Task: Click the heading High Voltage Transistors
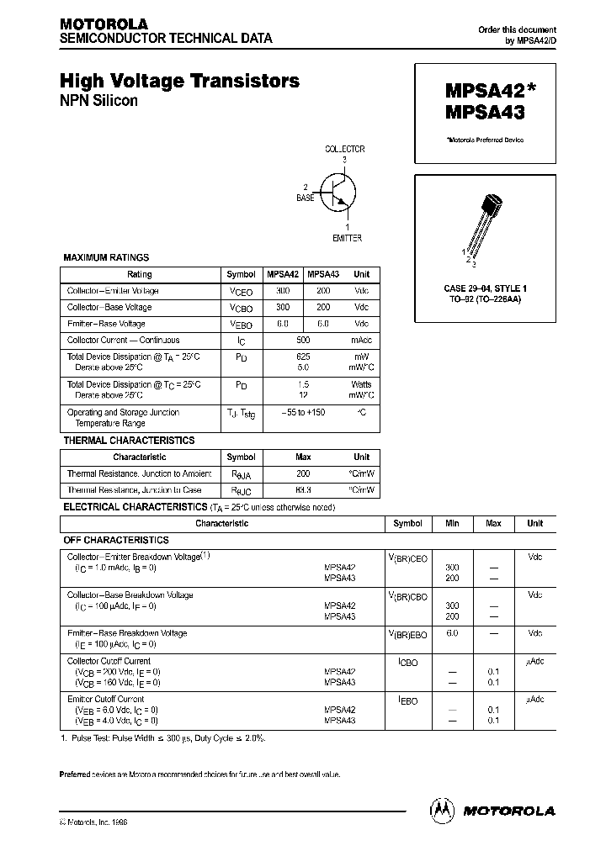coord(179,82)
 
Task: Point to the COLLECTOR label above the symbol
coord(345,149)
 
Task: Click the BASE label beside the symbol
coord(305,198)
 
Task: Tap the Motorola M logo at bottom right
coord(442,810)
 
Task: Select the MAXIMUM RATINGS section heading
coord(106,258)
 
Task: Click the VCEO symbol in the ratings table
coord(241,291)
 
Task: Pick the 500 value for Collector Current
coord(303,341)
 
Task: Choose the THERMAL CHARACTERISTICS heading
coord(129,441)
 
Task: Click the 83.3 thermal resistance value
coord(303,489)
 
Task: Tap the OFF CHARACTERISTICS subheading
coord(116,540)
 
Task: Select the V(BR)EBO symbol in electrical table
coord(407,634)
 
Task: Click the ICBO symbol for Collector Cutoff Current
coord(407,663)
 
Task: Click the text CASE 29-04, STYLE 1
coord(485,288)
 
